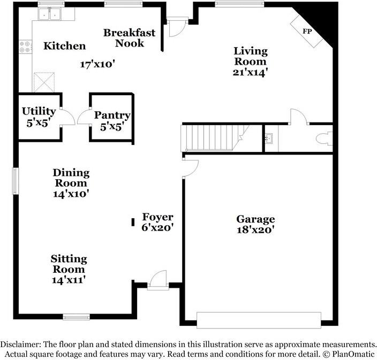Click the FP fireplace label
[307, 32]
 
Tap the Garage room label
[255, 219]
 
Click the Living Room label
[250, 56]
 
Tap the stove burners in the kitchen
[25, 47]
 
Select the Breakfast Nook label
[129, 37]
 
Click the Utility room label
[39, 111]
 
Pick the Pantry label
[112, 115]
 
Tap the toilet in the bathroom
[323, 139]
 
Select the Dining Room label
[71, 178]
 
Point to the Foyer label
[157, 217]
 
